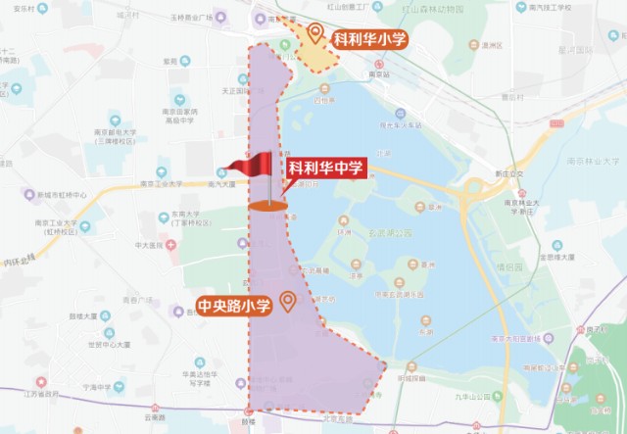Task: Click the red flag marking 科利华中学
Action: (252, 165)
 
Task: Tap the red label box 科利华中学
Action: (326, 169)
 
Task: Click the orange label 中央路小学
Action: (235, 303)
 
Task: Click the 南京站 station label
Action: (379, 73)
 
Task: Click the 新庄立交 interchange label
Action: (509, 175)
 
